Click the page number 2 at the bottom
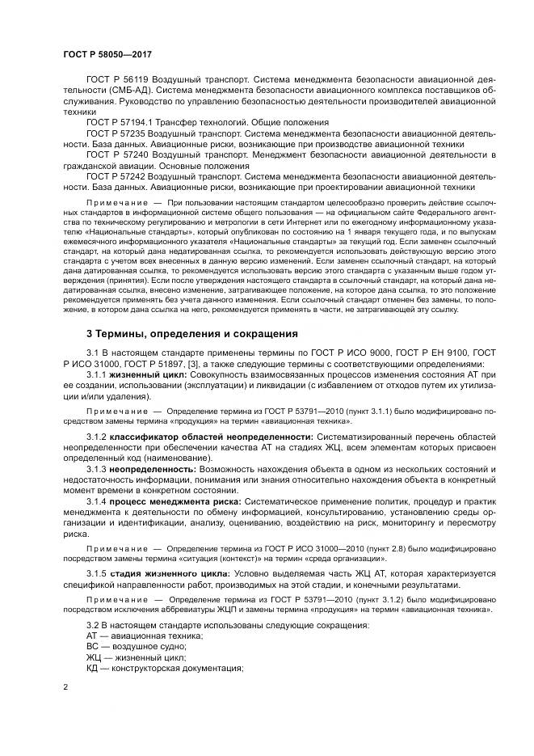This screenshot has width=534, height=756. [66, 686]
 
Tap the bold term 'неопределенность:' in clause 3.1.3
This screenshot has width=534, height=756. [153, 469]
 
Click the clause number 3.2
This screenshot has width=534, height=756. [94, 626]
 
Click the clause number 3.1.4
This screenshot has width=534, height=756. [97, 502]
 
